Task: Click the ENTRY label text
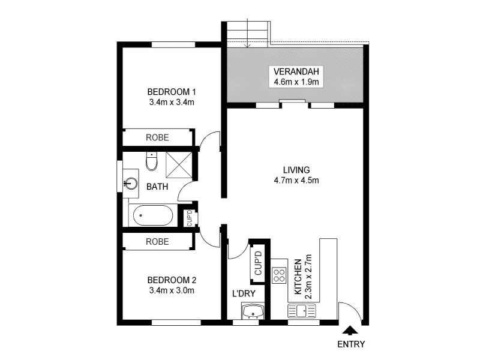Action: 351,344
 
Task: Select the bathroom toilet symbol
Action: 151,161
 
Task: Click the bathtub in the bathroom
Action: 153,215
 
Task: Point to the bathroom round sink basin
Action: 131,183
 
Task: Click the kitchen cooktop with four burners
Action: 279,275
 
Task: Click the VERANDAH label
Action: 295,71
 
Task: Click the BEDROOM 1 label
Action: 173,92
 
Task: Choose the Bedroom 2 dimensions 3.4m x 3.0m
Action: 173,290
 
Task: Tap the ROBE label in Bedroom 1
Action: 157,137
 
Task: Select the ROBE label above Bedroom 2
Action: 157,242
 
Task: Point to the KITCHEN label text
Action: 297,277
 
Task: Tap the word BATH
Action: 157,187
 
